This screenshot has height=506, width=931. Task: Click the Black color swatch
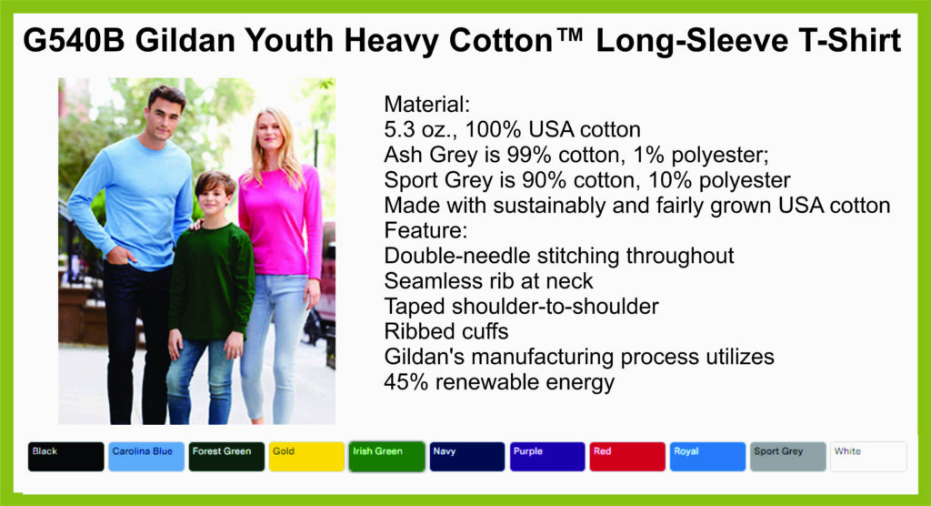click(65, 457)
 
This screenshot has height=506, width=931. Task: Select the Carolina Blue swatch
click(146, 457)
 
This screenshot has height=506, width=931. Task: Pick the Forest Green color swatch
click(226, 457)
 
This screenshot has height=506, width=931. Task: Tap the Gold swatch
click(306, 457)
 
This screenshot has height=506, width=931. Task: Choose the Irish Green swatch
click(386, 457)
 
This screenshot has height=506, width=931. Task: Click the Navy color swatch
click(467, 457)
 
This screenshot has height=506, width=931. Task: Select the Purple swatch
click(547, 457)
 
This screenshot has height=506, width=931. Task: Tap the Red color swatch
click(627, 457)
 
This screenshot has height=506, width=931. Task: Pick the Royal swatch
click(707, 457)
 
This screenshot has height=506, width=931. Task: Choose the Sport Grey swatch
click(788, 457)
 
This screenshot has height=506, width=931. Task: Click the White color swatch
click(868, 457)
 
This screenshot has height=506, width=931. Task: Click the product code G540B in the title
click(74, 41)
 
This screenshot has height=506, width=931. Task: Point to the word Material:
click(427, 105)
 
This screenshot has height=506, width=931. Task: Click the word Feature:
click(425, 230)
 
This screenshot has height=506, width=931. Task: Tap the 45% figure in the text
click(406, 381)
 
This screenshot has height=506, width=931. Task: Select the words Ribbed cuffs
click(446, 331)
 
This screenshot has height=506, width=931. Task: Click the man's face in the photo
click(164, 113)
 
